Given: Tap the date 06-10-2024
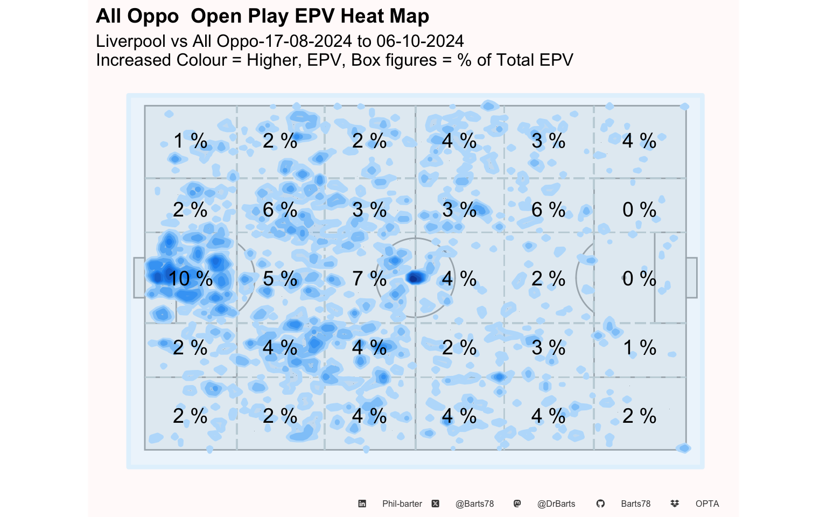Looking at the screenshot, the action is pos(420,41).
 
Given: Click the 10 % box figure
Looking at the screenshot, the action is pos(191,278).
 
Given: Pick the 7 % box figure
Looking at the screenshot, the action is pos(369,278).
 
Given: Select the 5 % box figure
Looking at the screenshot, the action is pos(280,278).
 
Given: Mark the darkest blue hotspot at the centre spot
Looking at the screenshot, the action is pos(415,278).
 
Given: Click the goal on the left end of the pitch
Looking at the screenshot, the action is pos(139,278).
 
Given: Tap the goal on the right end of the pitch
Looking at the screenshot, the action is pos(692,278).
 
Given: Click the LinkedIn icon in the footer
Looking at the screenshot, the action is pos(362,504).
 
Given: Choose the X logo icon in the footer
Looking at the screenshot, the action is pos(436,504).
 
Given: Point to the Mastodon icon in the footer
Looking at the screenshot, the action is pos(517,504).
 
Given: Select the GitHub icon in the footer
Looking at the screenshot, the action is pos(601,504).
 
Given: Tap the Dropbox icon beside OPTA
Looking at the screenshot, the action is pos(675,504).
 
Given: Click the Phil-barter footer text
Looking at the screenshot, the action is pos(402,504).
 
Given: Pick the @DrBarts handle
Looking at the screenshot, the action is pos(556,504).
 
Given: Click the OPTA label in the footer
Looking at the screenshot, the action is pos(707,504).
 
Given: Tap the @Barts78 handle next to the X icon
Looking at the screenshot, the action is pos(474,504).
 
